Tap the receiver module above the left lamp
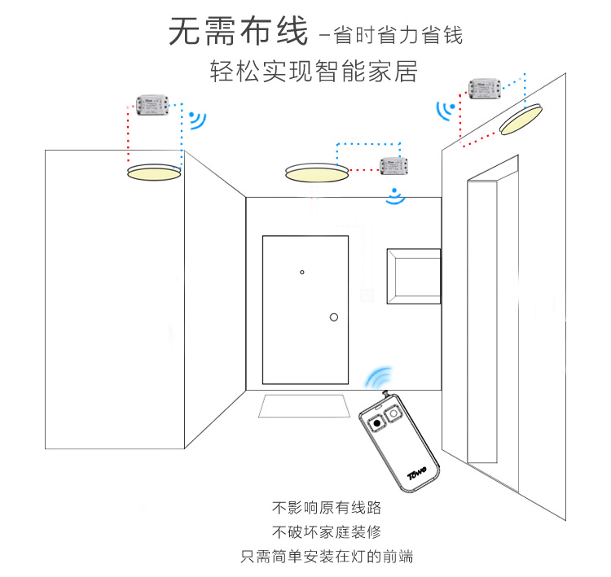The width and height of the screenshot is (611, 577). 153,106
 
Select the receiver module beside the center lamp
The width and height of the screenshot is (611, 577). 397,166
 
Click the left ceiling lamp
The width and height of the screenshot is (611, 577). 154,173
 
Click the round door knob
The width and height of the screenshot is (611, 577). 333,317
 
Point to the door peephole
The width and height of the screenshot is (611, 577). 301,272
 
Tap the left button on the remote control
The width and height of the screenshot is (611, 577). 377,424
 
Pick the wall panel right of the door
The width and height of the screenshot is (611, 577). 413,276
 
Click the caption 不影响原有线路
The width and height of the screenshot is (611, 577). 326,509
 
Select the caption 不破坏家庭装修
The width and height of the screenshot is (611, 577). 326,533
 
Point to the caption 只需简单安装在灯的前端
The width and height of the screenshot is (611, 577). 326,557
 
